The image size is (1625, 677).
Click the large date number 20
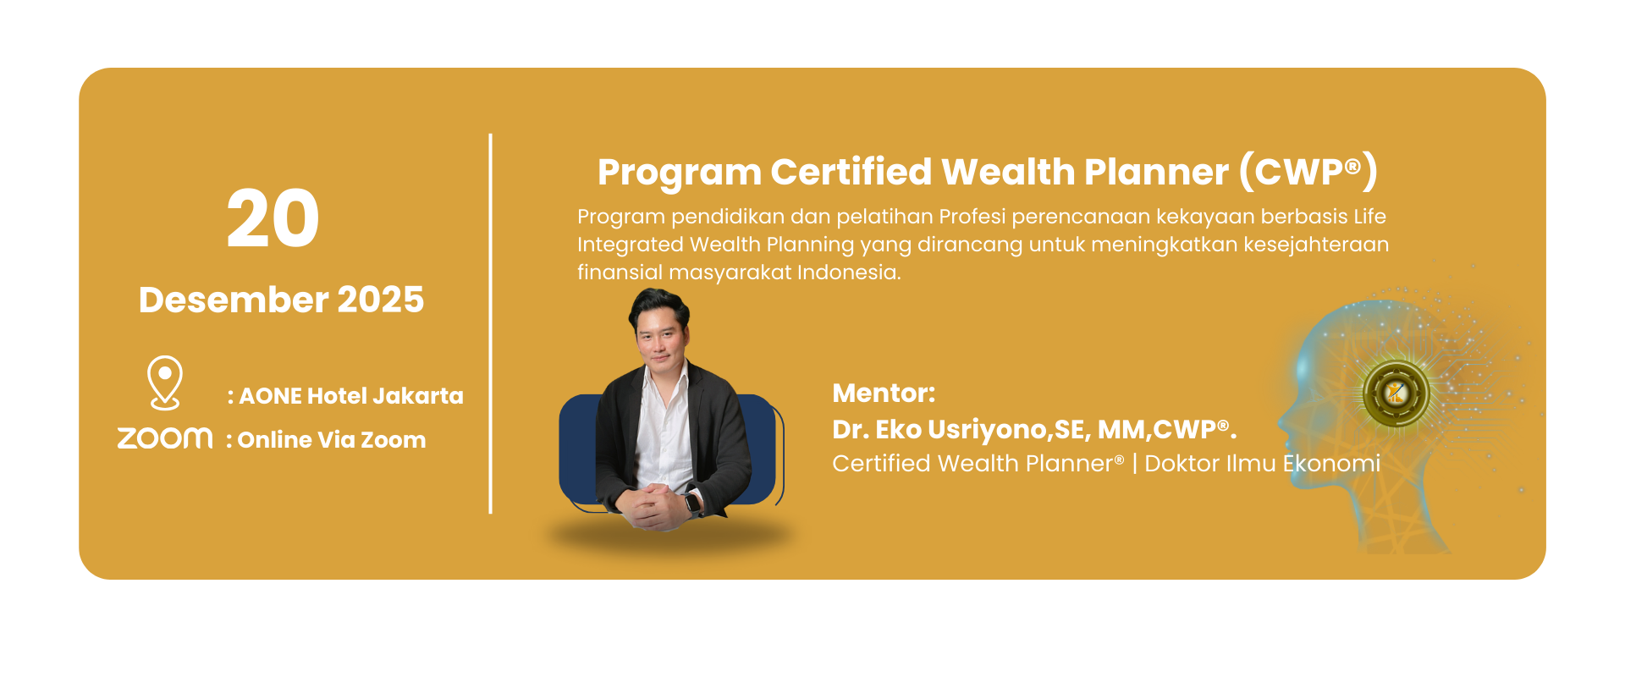[273, 218]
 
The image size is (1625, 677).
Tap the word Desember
[234, 300]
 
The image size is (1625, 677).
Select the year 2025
[381, 300]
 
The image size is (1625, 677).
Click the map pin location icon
[165, 383]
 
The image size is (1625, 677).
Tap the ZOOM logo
[165, 438]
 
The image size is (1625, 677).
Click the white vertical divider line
[490, 323]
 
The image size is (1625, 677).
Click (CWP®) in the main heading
[1308, 172]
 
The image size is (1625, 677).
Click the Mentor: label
[884, 394]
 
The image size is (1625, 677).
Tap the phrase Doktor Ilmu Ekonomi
[1262, 464]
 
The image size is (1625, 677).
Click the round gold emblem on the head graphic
[1396, 393]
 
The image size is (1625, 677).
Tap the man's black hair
[658, 306]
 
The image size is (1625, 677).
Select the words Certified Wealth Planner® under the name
[978, 464]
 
